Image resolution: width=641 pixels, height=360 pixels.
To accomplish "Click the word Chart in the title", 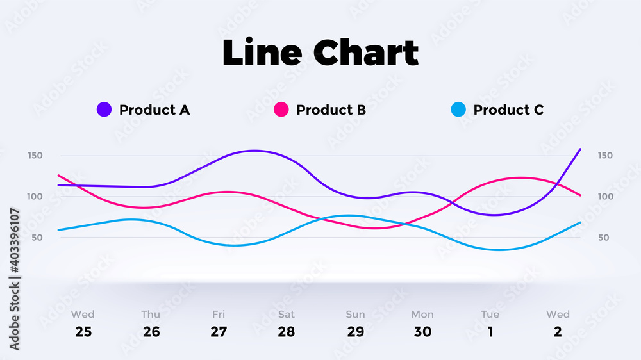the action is tap(366, 53).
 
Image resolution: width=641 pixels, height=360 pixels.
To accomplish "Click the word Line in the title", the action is tap(262, 53).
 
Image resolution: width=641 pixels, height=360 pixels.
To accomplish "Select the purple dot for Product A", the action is tap(104, 110).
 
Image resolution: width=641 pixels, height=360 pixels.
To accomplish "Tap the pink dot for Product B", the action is tap(281, 110).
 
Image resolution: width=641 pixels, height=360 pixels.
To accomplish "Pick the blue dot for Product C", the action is tap(458, 110).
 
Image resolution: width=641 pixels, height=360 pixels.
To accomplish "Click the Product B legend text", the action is tap(331, 110).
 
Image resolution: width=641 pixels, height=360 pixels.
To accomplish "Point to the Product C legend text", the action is tap(508, 110).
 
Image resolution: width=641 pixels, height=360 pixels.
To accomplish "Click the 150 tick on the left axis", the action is tap(35, 155).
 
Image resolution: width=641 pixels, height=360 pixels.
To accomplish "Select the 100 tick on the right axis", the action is tap(606, 197).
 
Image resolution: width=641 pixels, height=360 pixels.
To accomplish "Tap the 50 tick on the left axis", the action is tap(37, 238).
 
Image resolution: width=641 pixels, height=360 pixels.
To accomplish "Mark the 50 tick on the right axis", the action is tap(603, 238).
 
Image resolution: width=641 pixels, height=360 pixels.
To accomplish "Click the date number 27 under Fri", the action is tap(219, 332).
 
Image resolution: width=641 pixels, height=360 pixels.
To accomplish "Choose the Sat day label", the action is tap(286, 315).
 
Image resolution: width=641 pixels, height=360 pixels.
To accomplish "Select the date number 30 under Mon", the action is tap(422, 332).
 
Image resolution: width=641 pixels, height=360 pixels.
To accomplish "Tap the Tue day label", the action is tap(490, 315).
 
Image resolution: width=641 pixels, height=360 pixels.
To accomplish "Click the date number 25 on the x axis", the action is tap(83, 332).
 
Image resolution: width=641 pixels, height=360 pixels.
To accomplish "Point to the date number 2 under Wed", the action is tap(558, 332).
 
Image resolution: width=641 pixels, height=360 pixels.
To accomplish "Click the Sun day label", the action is tap(355, 315).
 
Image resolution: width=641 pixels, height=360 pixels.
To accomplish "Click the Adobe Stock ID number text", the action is tap(14, 241).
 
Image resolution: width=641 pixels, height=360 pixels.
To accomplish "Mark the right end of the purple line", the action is tap(581, 149).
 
